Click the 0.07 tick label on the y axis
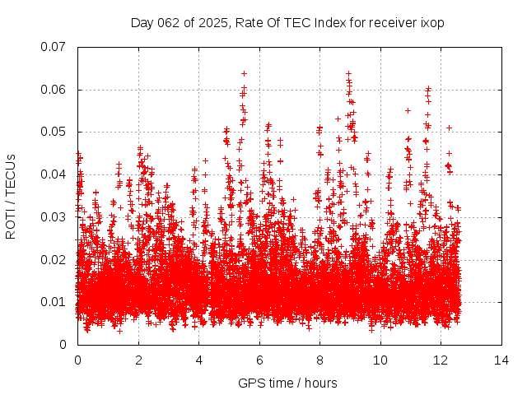point(54,47)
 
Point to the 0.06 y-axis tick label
point(54,90)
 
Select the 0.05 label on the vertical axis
point(54,132)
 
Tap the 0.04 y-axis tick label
point(54,174)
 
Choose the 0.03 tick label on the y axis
point(54,217)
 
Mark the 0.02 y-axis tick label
point(54,259)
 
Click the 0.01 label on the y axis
point(54,302)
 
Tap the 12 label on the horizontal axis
point(441,360)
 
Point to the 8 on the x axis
point(319,360)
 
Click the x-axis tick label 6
point(259,360)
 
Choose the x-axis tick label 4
point(198,360)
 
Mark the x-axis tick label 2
point(138,360)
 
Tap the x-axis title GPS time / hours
point(287,383)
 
